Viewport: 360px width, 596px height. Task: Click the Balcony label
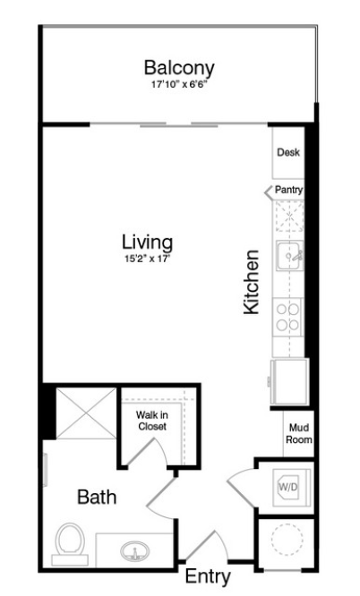tap(179, 68)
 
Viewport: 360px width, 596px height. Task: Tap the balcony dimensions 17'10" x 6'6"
tap(179, 84)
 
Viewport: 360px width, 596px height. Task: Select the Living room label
tap(147, 243)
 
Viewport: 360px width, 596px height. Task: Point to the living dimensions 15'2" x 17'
tap(147, 260)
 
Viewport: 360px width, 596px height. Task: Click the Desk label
tap(288, 152)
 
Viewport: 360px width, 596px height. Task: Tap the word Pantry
tap(289, 190)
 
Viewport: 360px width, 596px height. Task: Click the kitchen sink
tap(289, 255)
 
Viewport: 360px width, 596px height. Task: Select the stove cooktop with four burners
tap(287, 317)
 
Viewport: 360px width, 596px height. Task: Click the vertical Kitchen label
tap(251, 282)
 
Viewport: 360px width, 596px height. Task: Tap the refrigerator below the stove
tap(289, 381)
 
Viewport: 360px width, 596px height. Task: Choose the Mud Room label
tap(299, 434)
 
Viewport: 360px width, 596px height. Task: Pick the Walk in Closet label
tap(152, 421)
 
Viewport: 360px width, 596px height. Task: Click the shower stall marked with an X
tap(86, 413)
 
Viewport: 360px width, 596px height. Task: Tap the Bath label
tap(97, 498)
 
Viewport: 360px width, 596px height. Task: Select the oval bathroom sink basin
tap(134, 550)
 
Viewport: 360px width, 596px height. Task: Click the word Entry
tap(208, 576)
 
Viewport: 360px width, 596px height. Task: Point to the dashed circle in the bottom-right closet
tap(287, 539)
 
